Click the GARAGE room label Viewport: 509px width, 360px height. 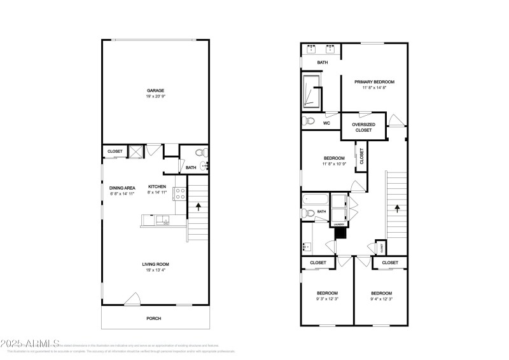click(x=156, y=90)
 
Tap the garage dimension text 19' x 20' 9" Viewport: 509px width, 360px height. click(x=156, y=97)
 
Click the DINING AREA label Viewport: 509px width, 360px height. click(x=122, y=187)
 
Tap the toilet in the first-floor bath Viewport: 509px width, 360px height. click(x=200, y=153)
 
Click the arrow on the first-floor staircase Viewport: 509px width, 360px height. click(x=199, y=207)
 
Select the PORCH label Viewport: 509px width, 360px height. click(x=154, y=318)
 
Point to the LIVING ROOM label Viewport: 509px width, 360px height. click(x=155, y=264)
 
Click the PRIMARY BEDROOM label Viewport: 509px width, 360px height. click(x=375, y=82)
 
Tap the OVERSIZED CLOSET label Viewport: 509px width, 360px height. click(x=363, y=127)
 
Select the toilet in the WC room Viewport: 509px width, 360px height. click(x=310, y=121)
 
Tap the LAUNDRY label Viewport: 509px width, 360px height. click(x=338, y=225)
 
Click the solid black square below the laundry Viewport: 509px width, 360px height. click(x=340, y=233)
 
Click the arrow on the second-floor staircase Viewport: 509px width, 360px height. click(x=397, y=207)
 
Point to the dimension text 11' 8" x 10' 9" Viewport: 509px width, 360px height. click(x=334, y=164)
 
